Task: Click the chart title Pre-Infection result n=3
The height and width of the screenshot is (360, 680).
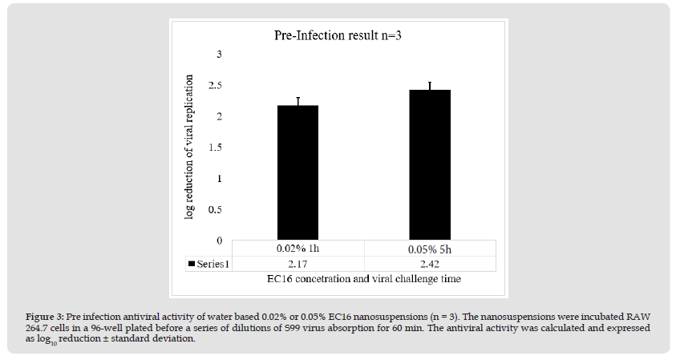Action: [x=340, y=36]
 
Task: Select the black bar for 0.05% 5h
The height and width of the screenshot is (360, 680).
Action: [x=429, y=164]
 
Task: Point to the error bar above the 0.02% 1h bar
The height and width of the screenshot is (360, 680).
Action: [x=298, y=101]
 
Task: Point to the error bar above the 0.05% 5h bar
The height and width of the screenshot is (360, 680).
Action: [x=429, y=86]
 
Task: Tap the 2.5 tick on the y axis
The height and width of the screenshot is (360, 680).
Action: [x=216, y=85]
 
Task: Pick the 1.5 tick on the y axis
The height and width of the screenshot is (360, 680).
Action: [x=216, y=148]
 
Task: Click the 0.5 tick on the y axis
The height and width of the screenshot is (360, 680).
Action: [x=216, y=209]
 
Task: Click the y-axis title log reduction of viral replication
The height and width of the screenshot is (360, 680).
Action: [x=190, y=148]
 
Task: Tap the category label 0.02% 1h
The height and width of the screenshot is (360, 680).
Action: [x=298, y=249]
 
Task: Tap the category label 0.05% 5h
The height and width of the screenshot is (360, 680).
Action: [x=430, y=249]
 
